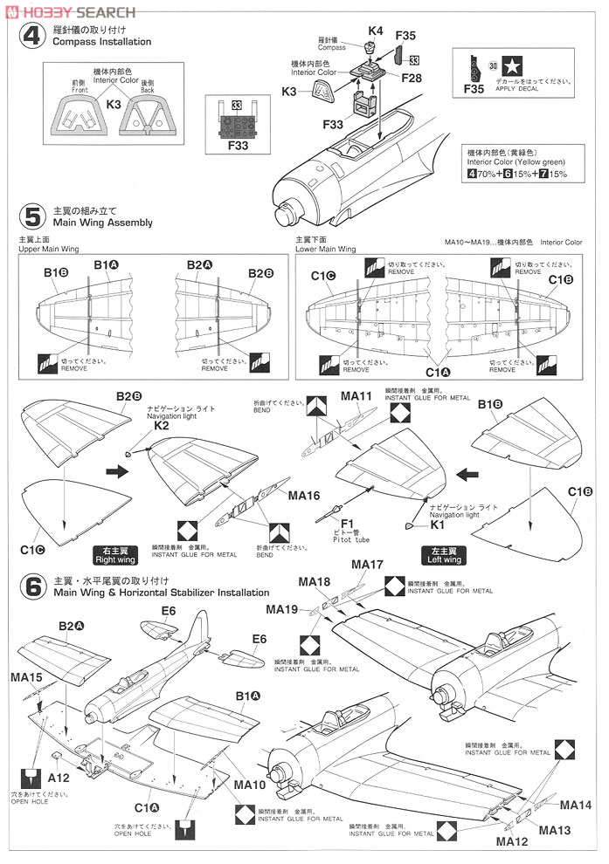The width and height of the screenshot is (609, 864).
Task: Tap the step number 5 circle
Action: [x=32, y=216]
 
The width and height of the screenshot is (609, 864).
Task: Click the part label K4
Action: [x=375, y=31]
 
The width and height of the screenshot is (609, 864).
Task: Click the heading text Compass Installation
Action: [x=102, y=42]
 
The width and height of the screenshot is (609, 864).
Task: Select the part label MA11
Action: [x=356, y=396]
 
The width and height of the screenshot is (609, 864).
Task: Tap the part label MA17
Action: [x=366, y=565]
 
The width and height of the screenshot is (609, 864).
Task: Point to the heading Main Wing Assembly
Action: [x=103, y=223]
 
